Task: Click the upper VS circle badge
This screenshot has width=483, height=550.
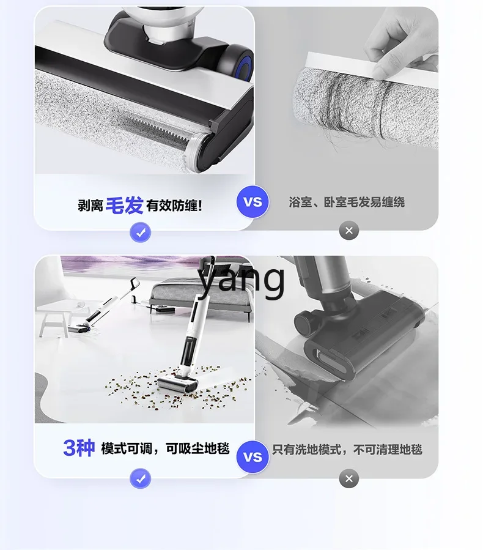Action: [253, 202]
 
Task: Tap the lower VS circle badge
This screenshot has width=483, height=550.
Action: [253, 457]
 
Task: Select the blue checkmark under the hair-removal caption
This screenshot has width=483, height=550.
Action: [140, 232]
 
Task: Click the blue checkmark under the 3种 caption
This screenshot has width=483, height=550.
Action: [140, 478]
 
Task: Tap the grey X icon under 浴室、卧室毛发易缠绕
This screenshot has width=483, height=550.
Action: [349, 231]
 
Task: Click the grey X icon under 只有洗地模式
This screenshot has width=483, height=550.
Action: [349, 478]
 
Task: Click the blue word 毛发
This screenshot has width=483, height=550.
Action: [124, 205]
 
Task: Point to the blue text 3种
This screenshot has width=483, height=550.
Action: [79, 448]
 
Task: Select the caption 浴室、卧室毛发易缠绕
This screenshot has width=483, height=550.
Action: [347, 202]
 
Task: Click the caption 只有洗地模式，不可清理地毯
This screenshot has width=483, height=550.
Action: [347, 450]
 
